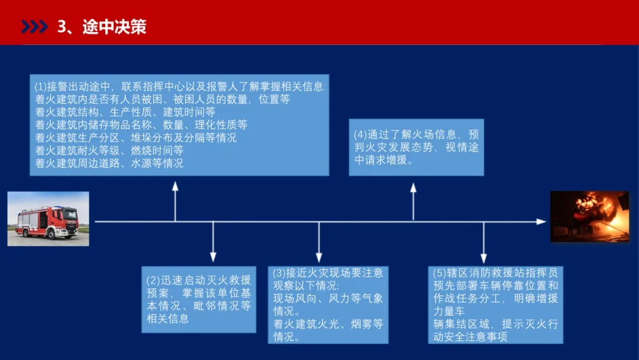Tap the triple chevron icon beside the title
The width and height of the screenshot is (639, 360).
coord(34,27)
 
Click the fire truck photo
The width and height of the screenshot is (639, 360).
coord(48,218)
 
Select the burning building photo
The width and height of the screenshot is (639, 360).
coord(589,217)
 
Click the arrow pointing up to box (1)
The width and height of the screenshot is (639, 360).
coord(175,201)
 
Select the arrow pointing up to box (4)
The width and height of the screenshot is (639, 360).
coord(413,201)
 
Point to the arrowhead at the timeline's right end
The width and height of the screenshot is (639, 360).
coord(541,221)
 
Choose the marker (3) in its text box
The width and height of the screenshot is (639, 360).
coord(279,273)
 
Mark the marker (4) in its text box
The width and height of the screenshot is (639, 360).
coord(361,134)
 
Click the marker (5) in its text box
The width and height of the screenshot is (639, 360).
coord(440,273)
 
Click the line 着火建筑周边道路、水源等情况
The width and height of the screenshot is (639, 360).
coord(109,163)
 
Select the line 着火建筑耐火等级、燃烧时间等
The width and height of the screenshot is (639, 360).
coord(109,150)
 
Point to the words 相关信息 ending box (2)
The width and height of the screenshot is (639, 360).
coord(168,319)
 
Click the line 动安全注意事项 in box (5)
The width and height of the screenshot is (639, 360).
coord(470,337)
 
